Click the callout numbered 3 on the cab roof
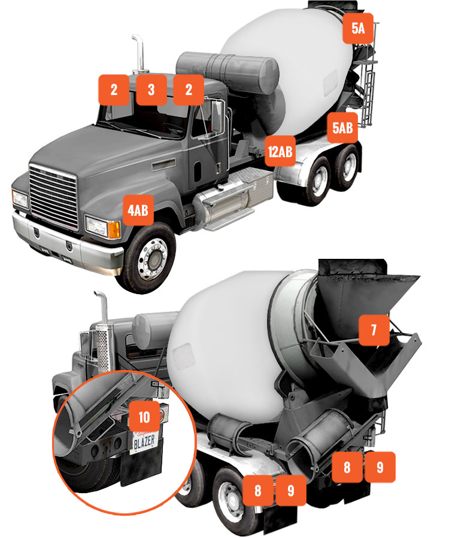151,90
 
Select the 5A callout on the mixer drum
358,28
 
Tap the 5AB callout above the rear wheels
342,128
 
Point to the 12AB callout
280,151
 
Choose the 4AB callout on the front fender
138,210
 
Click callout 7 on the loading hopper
374,330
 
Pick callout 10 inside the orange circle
144,417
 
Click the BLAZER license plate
144,442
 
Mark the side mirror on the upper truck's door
217,116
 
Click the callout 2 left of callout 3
114,90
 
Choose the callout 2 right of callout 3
189,90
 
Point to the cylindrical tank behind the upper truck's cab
227,73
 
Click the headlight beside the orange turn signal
97,226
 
